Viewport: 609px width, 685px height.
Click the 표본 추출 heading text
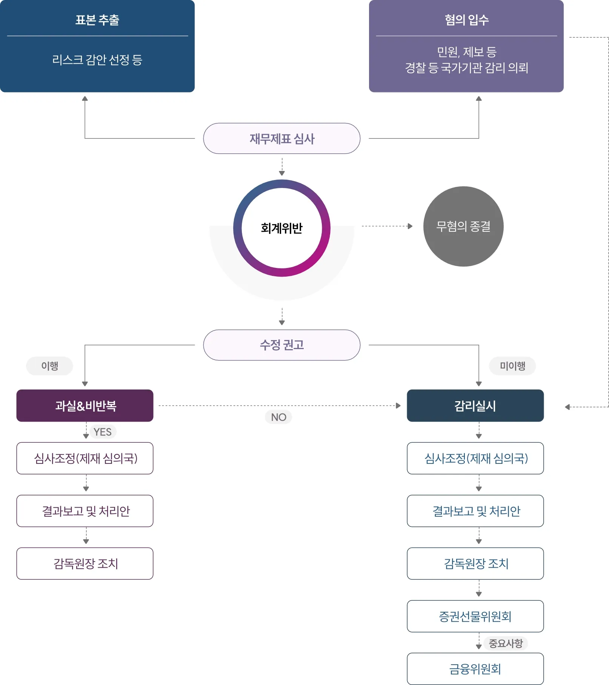click(x=97, y=20)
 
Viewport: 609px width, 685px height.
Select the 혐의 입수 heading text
click(x=466, y=20)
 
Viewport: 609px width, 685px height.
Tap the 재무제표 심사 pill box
click(x=281, y=139)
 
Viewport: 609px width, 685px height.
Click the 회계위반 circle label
click(x=281, y=228)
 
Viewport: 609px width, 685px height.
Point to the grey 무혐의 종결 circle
click(x=463, y=226)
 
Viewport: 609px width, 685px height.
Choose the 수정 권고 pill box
click(x=281, y=345)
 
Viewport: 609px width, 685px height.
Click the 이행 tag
click(x=49, y=366)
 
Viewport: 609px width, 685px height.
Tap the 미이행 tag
click(x=512, y=366)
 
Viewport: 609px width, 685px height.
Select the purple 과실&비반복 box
click(x=85, y=406)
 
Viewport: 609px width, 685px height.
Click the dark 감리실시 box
click(x=475, y=406)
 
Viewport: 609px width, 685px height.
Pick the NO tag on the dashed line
click(x=278, y=417)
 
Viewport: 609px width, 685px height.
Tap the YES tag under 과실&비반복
click(x=103, y=432)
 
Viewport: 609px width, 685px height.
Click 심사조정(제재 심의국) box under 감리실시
click(x=475, y=458)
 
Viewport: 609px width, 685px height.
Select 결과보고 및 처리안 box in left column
click(x=85, y=511)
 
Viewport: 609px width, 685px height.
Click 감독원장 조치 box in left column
click(x=85, y=563)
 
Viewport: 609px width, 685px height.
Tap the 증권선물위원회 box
click(x=475, y=616)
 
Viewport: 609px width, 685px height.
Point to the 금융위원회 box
click(x=475, y=669)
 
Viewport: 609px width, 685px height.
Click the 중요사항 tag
click(x=506, y=643)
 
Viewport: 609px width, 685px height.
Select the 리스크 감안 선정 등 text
click(x=97, y=60)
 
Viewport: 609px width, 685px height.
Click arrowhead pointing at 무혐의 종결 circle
click(x=410, y=226)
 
